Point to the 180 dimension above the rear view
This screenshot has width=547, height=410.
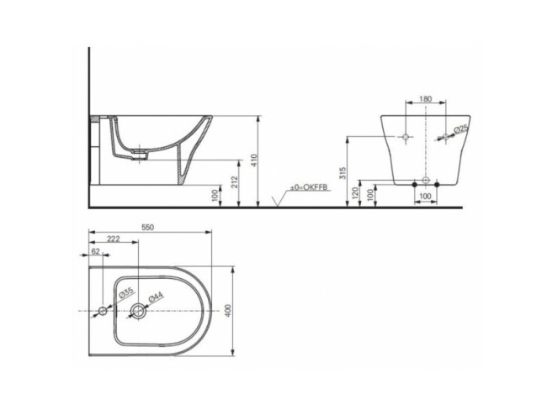425,100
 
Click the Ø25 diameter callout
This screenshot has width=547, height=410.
460,129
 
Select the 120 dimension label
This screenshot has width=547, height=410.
356,193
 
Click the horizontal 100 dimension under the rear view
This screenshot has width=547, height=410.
425,197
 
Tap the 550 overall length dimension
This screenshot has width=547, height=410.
149,228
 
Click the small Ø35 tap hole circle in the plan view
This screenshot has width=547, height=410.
104,313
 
